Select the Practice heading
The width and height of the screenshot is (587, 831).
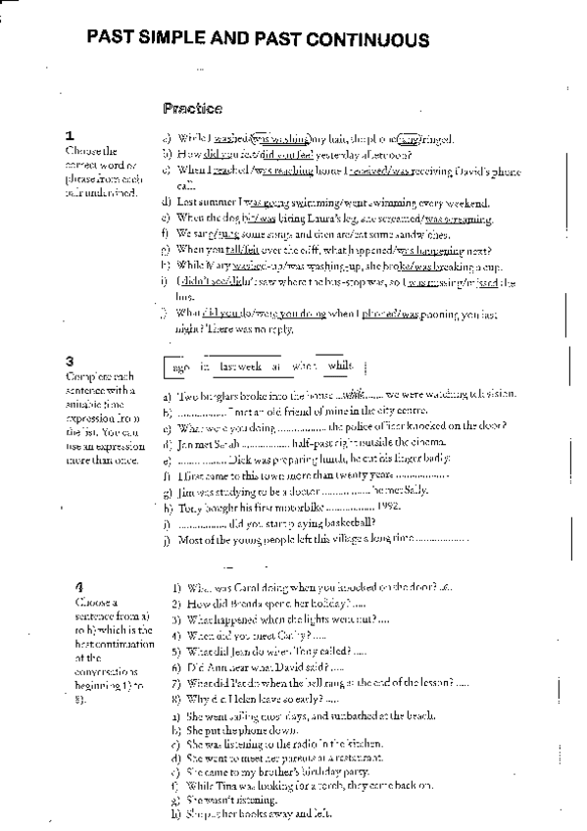pyautogui.click(x=192, y=108)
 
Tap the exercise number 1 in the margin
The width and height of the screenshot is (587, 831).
pyautogui.click(x=69, y=135)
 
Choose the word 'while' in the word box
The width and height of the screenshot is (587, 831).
pyautogui.click(x=340, y=366)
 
